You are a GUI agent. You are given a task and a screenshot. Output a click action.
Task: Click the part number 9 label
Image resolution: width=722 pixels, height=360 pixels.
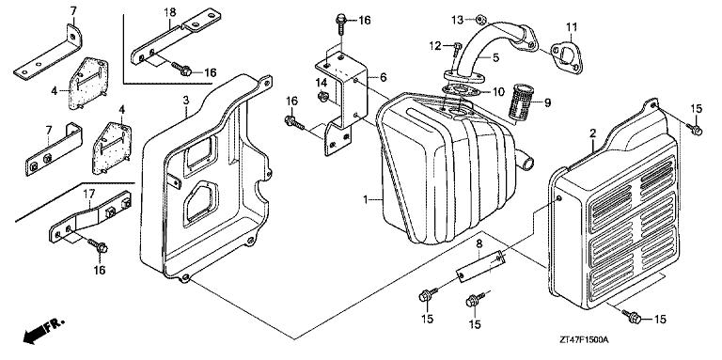tap(547, 103)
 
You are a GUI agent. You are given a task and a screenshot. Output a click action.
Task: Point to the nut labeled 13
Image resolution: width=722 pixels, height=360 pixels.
tap(479, 19)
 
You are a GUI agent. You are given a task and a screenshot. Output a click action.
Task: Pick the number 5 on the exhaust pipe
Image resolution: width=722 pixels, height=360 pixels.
tap(495, 58)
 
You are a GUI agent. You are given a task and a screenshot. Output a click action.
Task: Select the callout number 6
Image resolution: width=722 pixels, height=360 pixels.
tap(384, 78)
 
